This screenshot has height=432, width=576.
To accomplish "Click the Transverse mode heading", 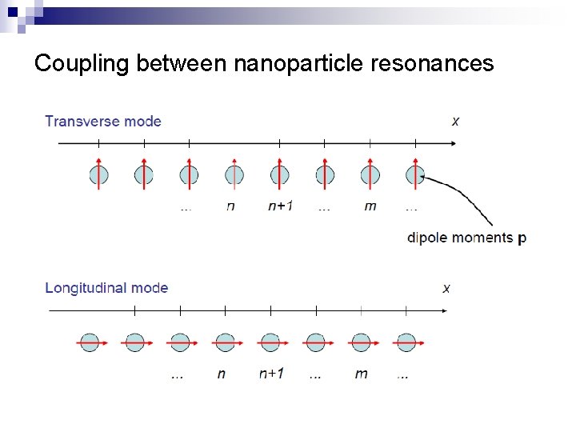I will point(103,122).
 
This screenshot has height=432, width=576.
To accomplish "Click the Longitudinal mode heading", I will point(106,288).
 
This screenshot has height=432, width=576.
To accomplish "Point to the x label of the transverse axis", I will point(455,122).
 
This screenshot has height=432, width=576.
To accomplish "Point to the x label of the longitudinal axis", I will point(446,288).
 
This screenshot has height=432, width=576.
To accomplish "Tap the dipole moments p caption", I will point(466,238).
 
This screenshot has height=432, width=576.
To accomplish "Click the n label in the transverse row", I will point(231,206).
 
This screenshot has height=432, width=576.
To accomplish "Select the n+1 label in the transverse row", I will point(280,206).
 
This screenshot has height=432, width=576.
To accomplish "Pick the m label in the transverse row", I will point(370,206).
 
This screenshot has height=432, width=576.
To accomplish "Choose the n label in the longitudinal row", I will point(221,374).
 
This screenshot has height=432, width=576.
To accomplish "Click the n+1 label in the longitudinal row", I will point(271,374).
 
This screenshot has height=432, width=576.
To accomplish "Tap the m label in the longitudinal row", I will point(361,374).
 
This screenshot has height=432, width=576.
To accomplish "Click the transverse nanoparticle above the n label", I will point(234,174).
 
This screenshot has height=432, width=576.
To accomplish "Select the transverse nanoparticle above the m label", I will point(370,174).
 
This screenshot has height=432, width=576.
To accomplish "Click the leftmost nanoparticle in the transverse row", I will point(98,174).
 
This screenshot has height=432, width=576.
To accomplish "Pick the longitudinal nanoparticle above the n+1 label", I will point(270,342).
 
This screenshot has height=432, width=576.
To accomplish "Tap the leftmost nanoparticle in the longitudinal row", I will point(90,342).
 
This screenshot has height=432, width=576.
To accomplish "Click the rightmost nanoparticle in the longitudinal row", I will point(406,342).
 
